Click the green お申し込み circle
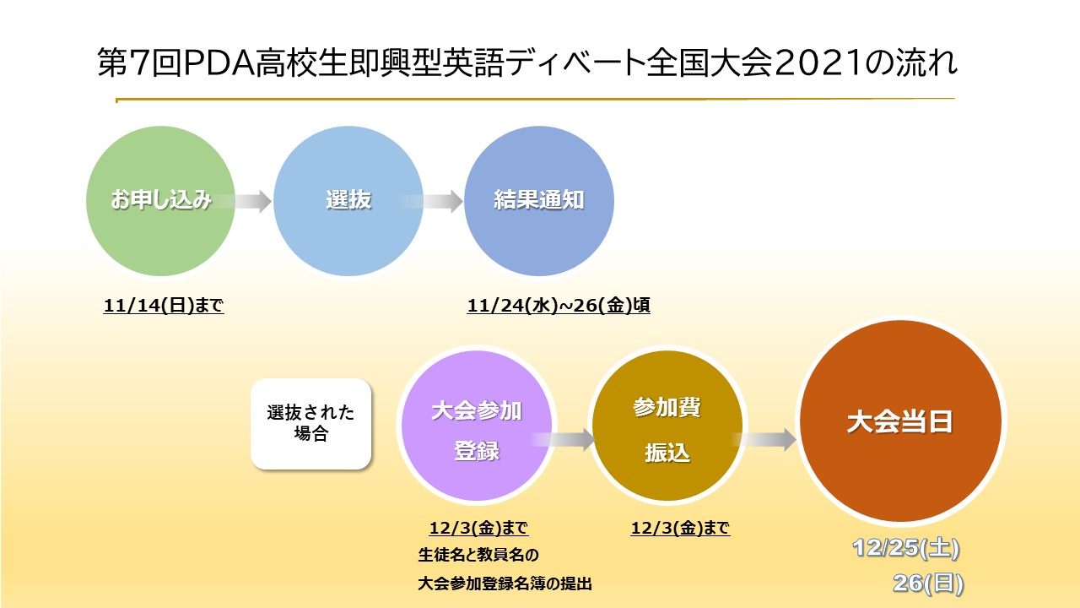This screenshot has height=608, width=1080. point(160,201)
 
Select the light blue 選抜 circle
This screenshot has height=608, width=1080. point(348,201)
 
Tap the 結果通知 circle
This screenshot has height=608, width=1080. point(538,201)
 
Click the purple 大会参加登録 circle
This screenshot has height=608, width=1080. point(477,426)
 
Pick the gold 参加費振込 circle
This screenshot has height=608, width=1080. point(667,426)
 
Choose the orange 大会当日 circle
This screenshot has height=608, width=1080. point(900,421)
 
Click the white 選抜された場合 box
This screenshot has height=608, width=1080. point(311,424)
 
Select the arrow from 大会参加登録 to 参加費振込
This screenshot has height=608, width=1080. point(564,440)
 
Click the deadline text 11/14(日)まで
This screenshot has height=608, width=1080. point(164,306)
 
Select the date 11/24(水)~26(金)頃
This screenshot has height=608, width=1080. point(559,306)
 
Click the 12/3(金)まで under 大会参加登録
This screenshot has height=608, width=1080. point(478,529)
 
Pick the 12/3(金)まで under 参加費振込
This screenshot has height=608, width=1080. point(680,529)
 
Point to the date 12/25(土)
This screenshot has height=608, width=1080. point(906,549)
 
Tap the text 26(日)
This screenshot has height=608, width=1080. point(928,584)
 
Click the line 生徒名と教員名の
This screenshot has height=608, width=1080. point(478,556)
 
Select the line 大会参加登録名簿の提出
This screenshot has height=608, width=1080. point(505,584)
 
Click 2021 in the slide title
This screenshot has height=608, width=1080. point(819,62)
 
